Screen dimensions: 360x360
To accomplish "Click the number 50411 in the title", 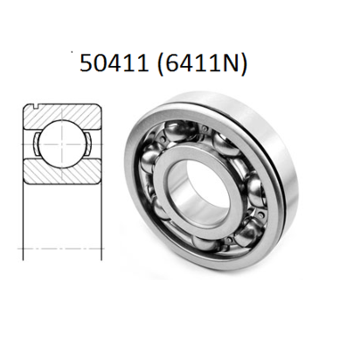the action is [x=114, y=63].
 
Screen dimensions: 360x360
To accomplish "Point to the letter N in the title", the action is [x=230, y=63].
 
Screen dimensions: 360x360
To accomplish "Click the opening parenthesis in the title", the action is [x=160, y=64].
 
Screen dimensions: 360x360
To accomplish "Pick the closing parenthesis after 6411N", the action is [x=242, y=64].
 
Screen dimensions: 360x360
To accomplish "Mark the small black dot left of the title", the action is [x=72, y=52].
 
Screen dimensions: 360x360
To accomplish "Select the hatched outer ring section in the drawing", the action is [x=61, y=117].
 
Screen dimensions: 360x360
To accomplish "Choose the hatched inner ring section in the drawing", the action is [x=61, y=171].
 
